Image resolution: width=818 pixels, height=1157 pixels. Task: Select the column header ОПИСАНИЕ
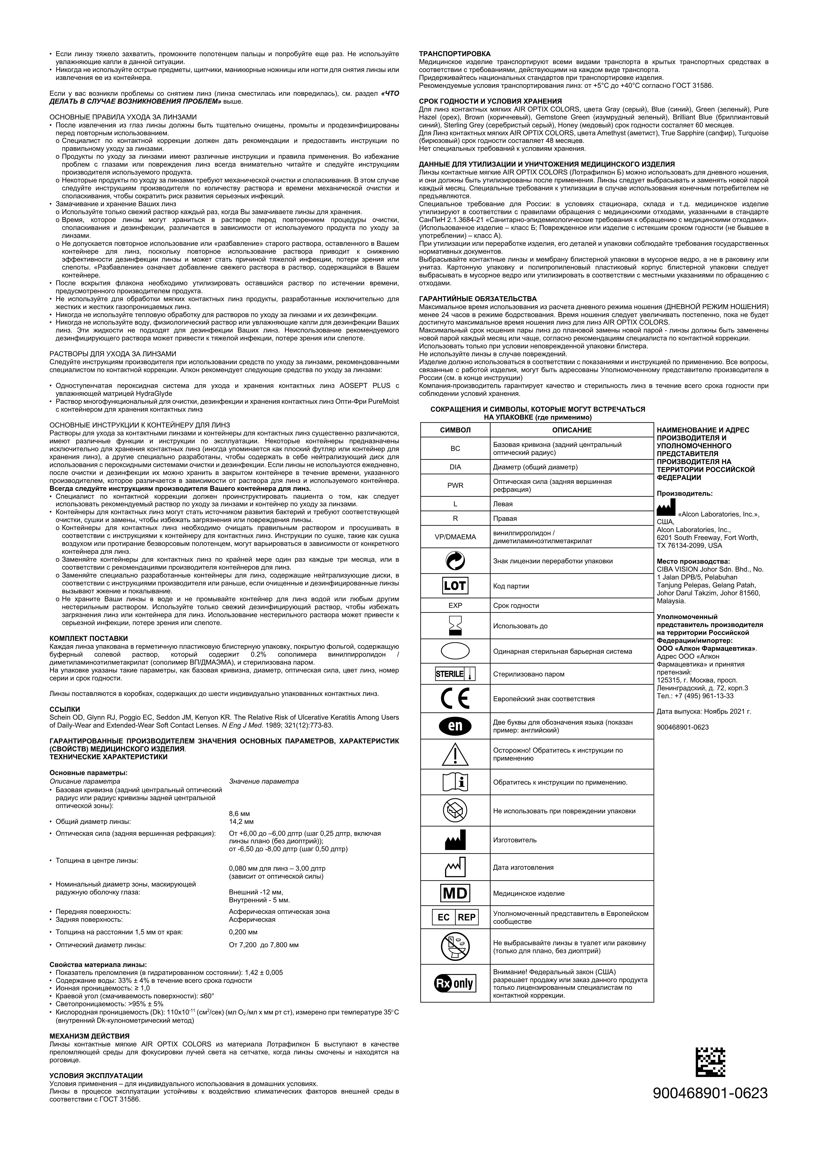572,430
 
